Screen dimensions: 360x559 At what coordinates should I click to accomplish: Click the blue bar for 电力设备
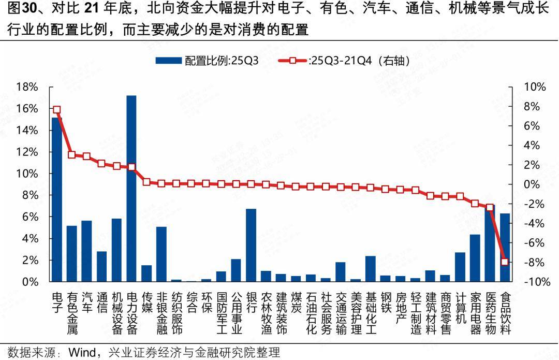coord(131,189)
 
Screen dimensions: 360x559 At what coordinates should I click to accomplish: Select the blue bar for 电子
coord(57,199)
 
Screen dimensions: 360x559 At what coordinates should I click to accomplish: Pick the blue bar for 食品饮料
coord(505,247)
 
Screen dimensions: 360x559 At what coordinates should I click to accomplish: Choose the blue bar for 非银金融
coord(161,254)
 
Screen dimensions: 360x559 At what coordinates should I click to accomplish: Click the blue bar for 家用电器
coord(475,258)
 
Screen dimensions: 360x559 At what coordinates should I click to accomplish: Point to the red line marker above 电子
coord(57,110)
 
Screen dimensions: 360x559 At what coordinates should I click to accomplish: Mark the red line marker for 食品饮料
coord(505,262)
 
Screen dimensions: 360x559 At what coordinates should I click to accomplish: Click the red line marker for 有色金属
coord(72,155)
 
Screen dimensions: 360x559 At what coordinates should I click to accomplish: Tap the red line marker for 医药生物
coord(490,207)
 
